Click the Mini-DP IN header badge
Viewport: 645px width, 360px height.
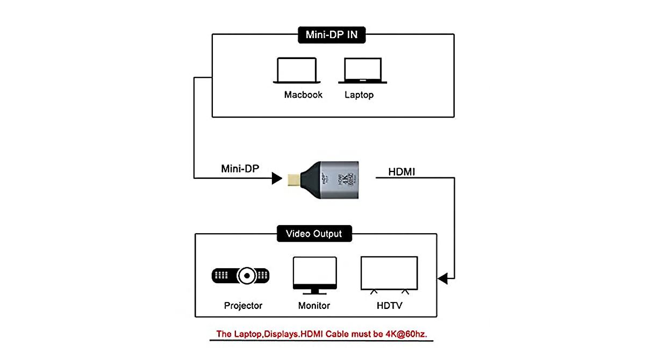[x=331, y=35]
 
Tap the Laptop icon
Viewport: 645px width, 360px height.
[x=363, y=70]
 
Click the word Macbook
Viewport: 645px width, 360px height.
[x=303, y=95]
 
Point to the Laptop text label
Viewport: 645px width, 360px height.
[x=359, y=95]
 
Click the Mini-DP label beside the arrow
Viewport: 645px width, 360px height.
[x=240, y=169]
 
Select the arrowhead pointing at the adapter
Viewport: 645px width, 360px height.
[x=277, y=178]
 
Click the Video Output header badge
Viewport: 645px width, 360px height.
[x=314, y=234]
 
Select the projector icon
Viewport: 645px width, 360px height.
[x=240, y=276]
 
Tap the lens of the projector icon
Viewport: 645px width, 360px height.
[x=247, y=276]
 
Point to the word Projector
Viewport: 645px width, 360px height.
[x=243, y=306]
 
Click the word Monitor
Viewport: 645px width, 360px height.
[x=314, y=306]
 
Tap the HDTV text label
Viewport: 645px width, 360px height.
[x=389, y=306]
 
